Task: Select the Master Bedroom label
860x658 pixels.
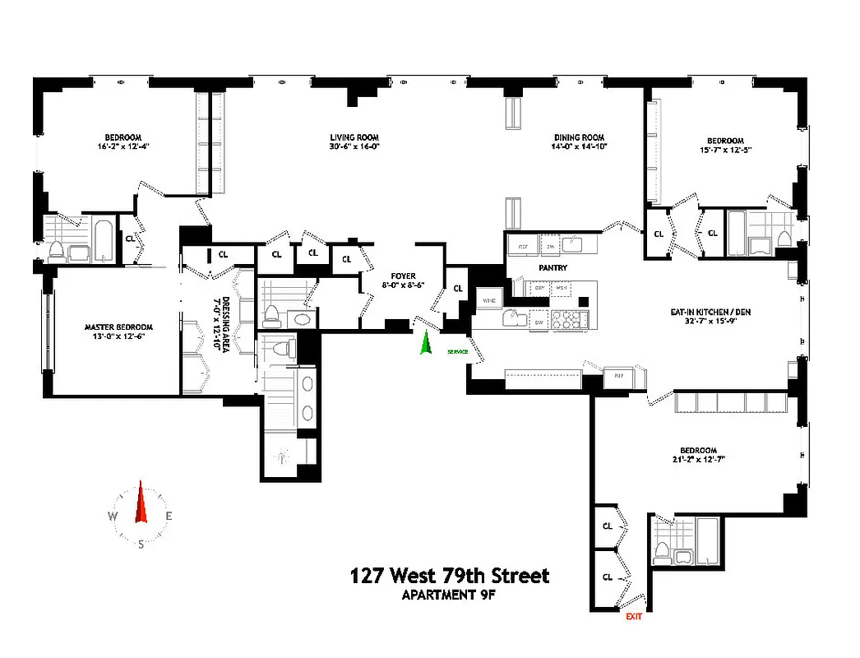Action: click(119, 327)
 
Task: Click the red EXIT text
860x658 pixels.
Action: click(633, 616)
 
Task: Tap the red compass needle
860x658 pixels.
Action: click(141, 503)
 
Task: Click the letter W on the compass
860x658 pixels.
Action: click(112, 517)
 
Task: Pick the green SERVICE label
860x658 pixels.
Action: click(457, 352)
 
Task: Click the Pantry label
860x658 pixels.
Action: click(553, 267)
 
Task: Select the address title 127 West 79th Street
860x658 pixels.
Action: click(450, 576)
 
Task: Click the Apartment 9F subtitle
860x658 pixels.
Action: click(450, 595)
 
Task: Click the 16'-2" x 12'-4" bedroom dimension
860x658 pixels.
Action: click(123, 146)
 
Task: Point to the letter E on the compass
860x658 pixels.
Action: click(169, 517)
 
